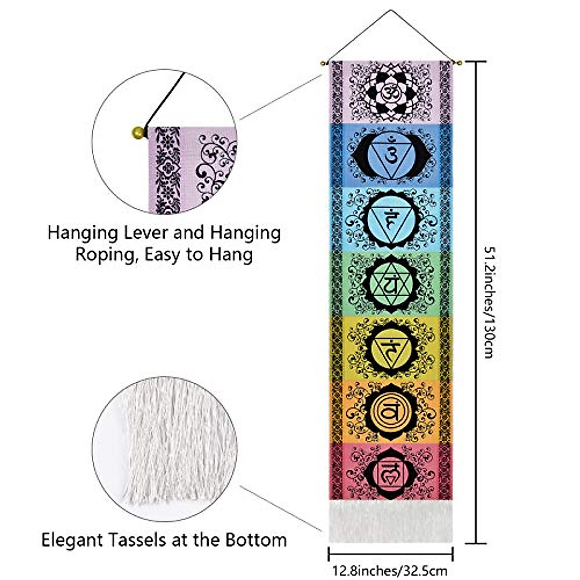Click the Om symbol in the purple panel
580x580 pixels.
click(390, 91)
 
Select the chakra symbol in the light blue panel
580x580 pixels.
click(391, 219)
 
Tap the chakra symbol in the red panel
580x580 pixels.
click(391, 474)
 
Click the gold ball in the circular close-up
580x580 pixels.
click(138, 132)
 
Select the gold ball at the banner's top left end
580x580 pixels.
click(323, 63)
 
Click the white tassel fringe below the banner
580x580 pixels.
click(391, 522)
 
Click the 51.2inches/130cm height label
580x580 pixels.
click(489, 303)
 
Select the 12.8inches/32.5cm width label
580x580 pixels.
click(390, 570)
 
